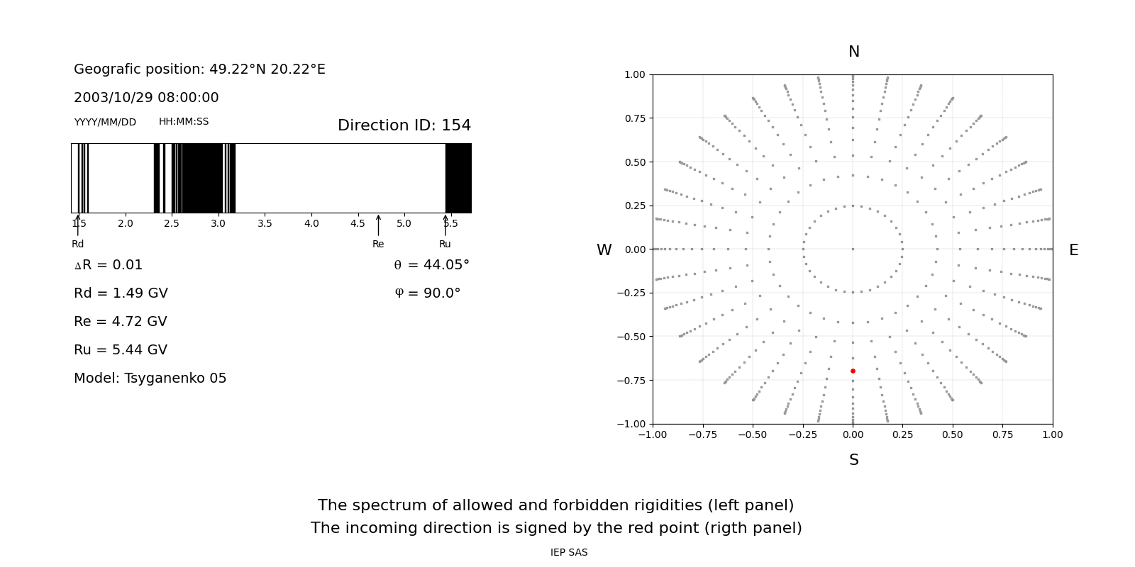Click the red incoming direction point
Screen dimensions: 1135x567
coord(853,371)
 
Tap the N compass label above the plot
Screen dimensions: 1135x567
coord(854,52)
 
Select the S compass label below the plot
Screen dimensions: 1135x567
coord(854,460)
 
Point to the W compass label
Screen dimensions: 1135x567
coord(604,250)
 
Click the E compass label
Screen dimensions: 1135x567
coord(1073,250)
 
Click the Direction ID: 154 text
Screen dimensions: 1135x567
coord(404,125)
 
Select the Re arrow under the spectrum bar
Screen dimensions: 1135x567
coord(378,225)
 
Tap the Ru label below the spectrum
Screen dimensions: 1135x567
coord(445,244)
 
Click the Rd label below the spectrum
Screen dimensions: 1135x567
coord(77,244)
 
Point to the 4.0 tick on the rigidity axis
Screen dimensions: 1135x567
coord(311,224)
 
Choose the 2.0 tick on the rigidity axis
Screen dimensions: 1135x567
coord(125,224)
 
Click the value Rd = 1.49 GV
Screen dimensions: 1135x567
coord(121,293)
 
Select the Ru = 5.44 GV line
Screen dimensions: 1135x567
coord(121,350)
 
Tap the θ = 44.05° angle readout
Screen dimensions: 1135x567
coord(432,265)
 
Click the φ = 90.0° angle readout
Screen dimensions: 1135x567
coord(428,293)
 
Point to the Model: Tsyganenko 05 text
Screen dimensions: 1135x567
coord(150,378)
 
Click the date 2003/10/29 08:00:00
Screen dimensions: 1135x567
coord(146,97)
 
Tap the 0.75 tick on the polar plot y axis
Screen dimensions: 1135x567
coord(635,118)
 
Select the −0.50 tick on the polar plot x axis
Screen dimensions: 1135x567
coord(753,435)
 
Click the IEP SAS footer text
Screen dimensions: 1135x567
coord(569,552)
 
